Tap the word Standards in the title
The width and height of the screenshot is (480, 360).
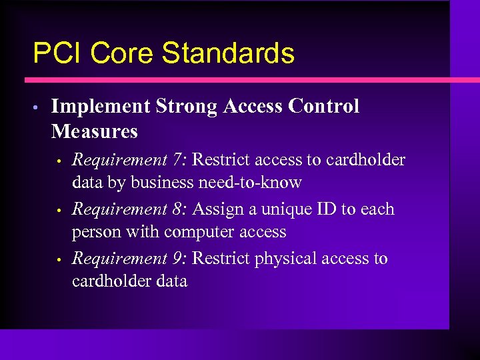click(x=229, y=53)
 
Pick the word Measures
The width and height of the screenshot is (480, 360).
click(x=94, y=131)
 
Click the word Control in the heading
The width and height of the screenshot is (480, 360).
click(x=326, y=107)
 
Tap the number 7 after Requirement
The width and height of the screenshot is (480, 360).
click(x=178, y=161)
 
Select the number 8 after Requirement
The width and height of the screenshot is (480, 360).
click(x=178, y=209)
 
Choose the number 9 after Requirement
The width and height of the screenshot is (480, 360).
click(x=178, y=259)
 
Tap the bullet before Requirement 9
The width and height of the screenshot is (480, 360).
click(x=59, y=260)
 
